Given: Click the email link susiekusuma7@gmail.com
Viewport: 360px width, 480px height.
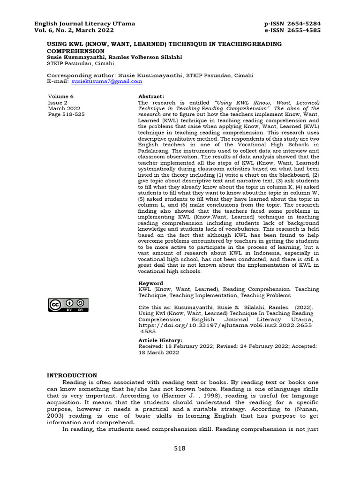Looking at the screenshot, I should [106, 81].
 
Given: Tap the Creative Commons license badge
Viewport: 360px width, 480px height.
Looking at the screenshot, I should [67, 305].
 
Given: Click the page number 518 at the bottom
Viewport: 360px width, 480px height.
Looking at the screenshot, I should [180, 449].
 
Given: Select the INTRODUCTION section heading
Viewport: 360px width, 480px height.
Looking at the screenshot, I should [72, 375].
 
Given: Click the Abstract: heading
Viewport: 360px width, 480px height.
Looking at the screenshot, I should [151, 96].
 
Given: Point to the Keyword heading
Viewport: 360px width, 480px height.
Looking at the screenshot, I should [150, 283].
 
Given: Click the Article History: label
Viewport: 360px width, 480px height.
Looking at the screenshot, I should [160, 340].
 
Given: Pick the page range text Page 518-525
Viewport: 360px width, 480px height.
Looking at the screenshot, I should [67, 114].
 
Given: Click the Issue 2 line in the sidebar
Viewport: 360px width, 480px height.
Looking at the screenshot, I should [58, 102].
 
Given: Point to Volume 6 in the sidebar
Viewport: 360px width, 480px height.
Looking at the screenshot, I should [61, 96].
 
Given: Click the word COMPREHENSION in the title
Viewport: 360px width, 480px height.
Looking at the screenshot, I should [75, 51].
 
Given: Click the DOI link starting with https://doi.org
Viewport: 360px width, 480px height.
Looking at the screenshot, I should [225, 324].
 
